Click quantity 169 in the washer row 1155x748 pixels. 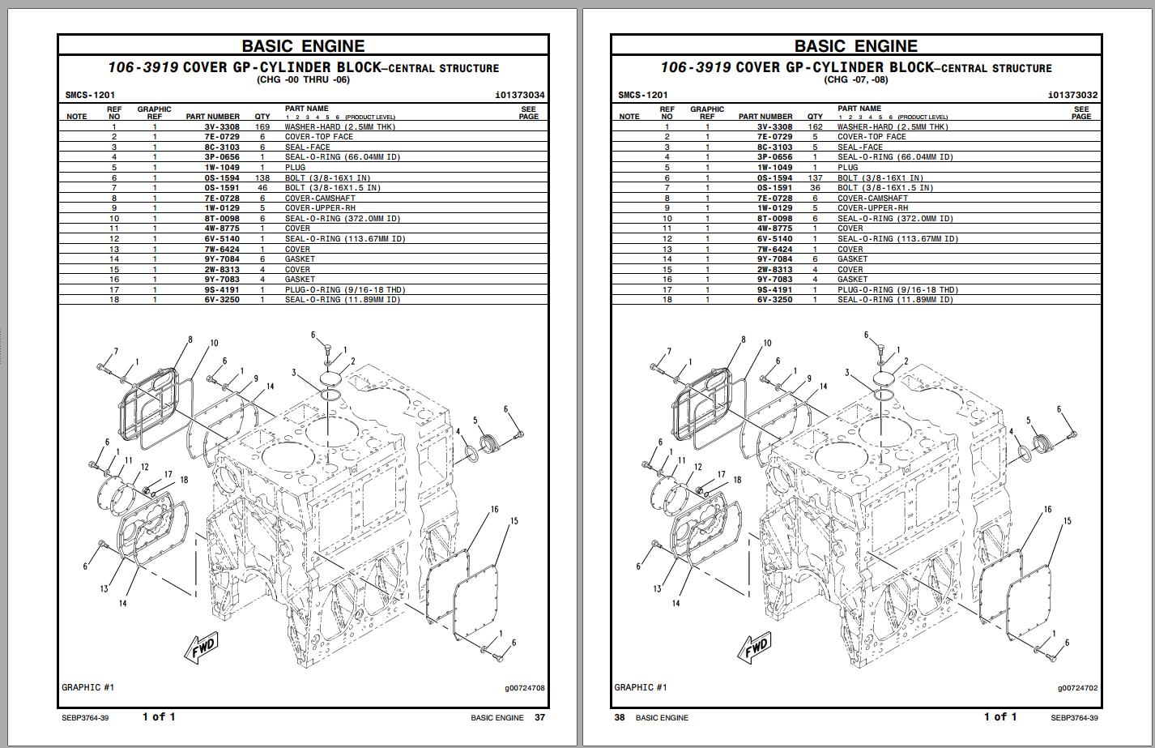262,127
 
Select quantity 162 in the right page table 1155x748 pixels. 815,127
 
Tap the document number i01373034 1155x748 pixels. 519,96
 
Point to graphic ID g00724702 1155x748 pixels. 1077,688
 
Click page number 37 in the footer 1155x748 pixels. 540,717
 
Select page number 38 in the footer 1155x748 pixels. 620,717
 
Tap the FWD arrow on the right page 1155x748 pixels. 754,647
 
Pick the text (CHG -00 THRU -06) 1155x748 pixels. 303,79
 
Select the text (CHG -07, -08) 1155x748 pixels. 856,79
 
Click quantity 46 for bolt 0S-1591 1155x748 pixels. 262,188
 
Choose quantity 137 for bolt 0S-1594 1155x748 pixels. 815,178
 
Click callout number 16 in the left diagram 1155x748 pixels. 494,509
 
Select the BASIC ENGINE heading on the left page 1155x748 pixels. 303,46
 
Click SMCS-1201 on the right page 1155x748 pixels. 643,96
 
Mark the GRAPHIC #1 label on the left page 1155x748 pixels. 88,687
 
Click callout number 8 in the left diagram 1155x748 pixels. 190,340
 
